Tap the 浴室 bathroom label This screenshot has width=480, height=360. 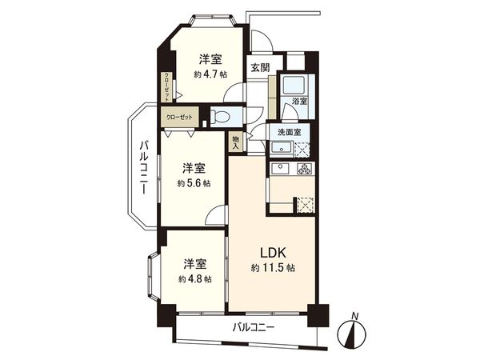(x=300, y=102)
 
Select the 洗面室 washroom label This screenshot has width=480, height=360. (x=289, y=131)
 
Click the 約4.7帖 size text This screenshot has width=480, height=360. (x=210, y=74)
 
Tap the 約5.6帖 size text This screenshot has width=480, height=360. (x=194, y=183)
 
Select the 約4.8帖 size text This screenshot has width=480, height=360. (x=195, y=279)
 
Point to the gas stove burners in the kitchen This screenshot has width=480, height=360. (x=303, y=168)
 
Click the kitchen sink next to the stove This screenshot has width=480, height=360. (x=281, y=168)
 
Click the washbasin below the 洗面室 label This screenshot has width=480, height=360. (x=281, y=147)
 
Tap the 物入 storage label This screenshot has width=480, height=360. (x=236, y=142)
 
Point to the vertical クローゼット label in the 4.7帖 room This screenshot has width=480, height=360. (x=168, y=86)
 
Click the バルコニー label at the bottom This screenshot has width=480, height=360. (x=254, y=327)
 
